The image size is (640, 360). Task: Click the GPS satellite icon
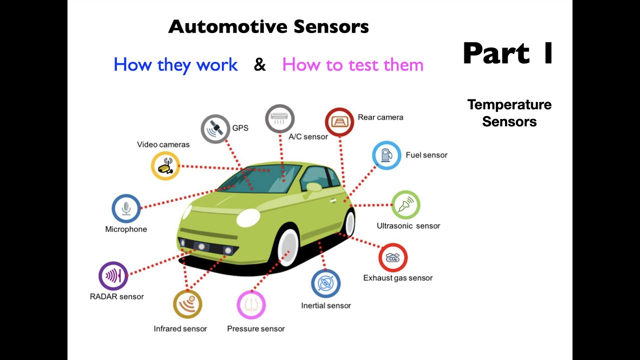[x=215, y=129]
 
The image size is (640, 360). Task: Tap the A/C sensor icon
[x=279, y=119]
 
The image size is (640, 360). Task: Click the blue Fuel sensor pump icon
[x=386, y=155]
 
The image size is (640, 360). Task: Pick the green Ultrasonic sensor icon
[x=405, y=205]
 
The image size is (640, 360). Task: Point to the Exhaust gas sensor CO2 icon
[x=393, y=258]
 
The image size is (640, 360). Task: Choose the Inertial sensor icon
[x=325, y=283]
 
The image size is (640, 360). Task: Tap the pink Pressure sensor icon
[x=251, y=304]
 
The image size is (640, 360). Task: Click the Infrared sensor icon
[x=187, y=304]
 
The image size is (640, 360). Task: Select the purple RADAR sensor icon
[x=113, y=276]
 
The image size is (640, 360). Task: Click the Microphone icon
[x=126, y=208]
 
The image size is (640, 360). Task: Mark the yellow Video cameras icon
[x=165, y=165]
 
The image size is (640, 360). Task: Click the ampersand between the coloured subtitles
[x=260, y=65]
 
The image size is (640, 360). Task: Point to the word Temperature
[x=509, y=104]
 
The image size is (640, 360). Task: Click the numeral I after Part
[x=548, y=53]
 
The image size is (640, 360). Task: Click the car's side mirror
[x=314, y=187]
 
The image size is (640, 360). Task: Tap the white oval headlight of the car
[x=248, y=217]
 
